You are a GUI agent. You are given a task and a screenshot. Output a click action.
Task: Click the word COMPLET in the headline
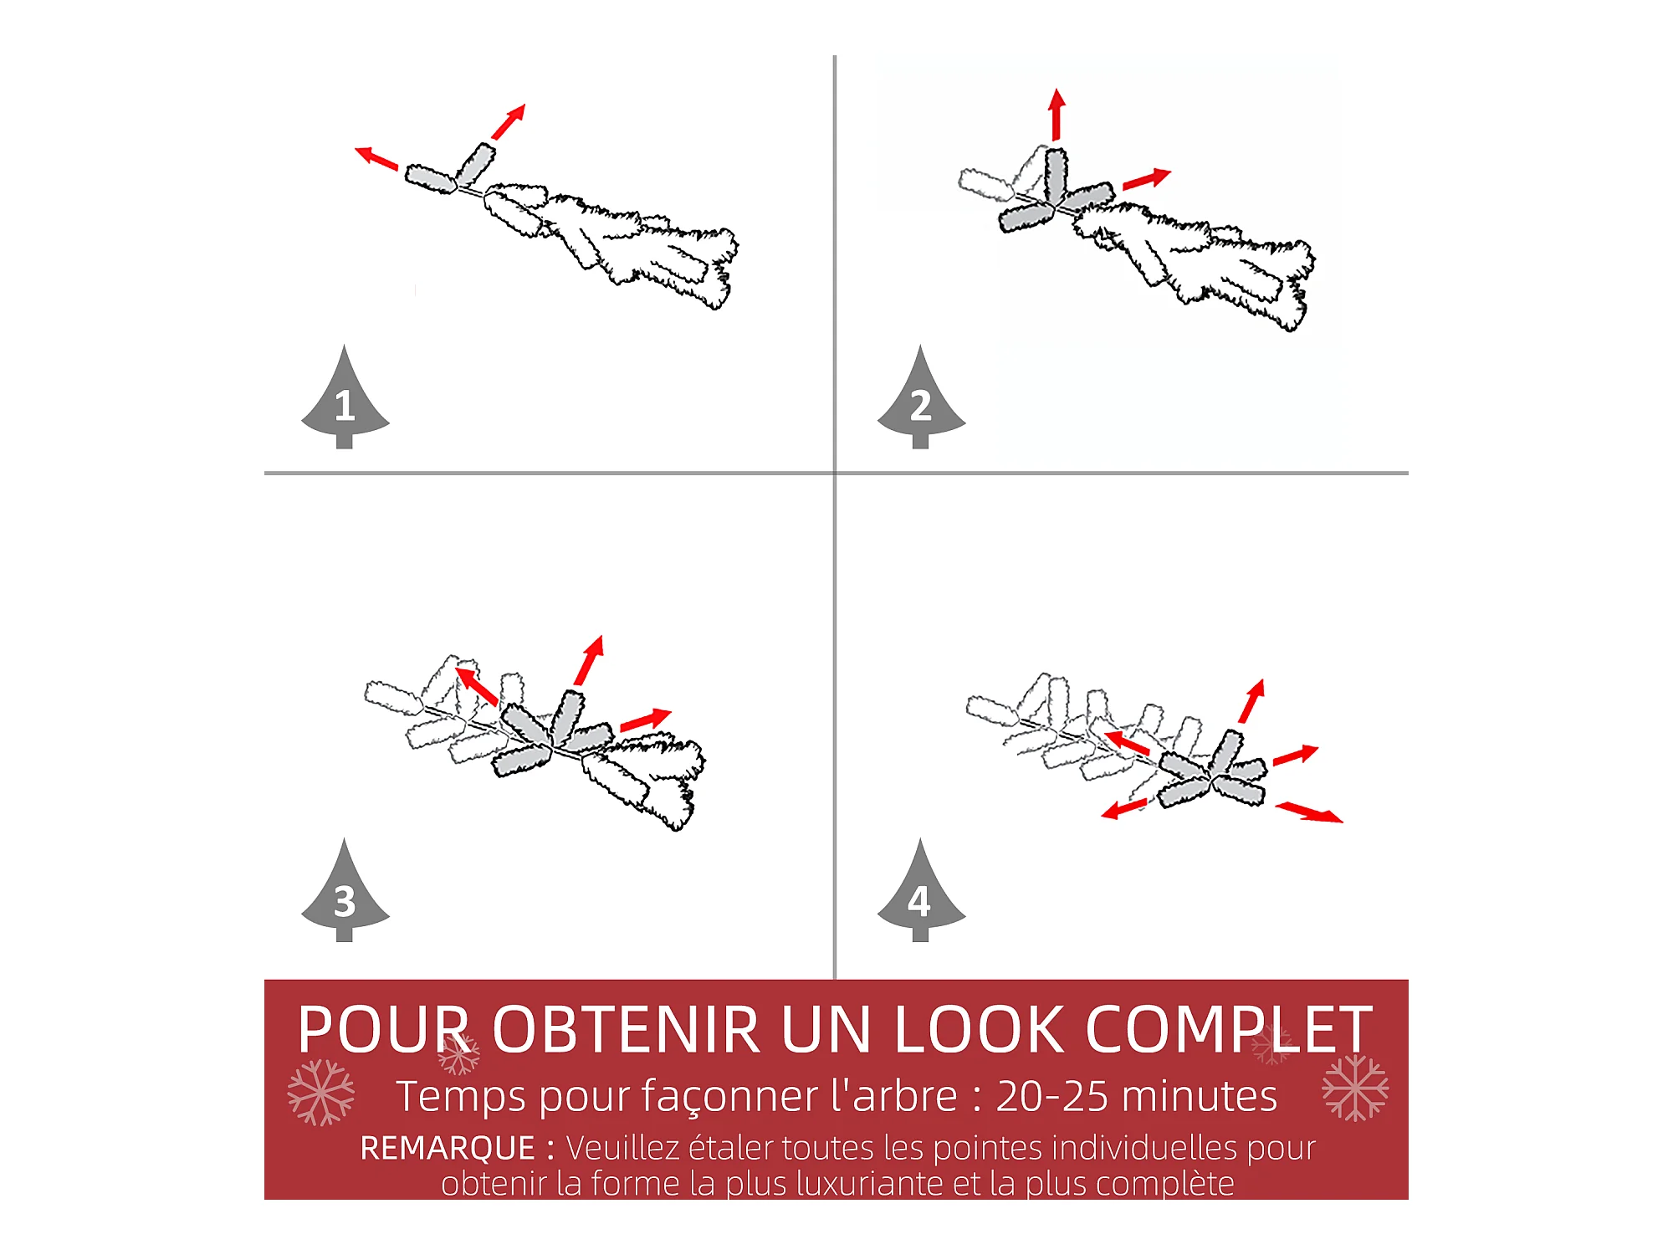point(1229,1029)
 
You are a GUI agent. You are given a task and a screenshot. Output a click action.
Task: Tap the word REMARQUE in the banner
point(448,1148)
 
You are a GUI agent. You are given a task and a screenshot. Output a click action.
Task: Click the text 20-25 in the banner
point(1052,1096)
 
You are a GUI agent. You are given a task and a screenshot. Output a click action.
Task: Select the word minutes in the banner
point(1200,1096)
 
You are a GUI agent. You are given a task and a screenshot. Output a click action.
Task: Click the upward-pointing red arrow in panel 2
point(1056,114)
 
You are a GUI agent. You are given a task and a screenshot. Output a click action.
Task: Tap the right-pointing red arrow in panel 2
point(1147,179)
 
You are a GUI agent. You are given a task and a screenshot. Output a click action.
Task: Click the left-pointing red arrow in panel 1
point(376,157)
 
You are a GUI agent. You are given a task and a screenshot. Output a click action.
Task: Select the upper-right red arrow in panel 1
point(509,121)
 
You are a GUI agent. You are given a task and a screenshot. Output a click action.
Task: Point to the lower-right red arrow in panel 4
point(1309,812)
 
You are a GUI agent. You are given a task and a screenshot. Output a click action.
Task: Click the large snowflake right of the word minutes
point(1355,1088)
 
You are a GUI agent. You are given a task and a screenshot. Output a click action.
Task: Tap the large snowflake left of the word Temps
point(321,1093)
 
